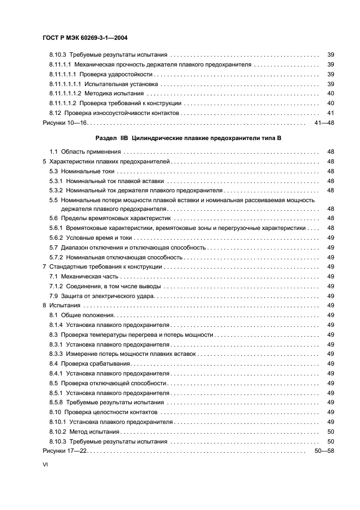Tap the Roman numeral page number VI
[x=45, y=466]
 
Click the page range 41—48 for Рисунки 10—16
[x=325, y=124]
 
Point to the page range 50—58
[x=325, y=452]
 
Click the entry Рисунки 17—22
[x=65, y=452]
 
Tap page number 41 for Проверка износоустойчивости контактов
[x=330, y=113]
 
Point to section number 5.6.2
[x=57, y=239]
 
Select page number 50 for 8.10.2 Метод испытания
[x=330, y=432]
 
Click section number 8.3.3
[x=57, y=354]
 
